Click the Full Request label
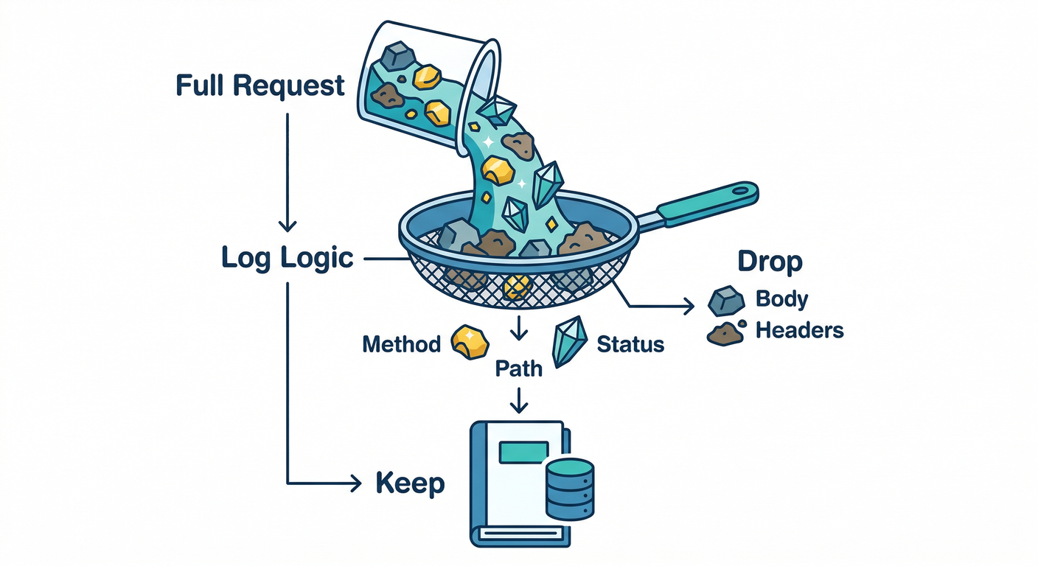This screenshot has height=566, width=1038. pos(260,86)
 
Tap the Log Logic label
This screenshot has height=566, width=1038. pos(288,259)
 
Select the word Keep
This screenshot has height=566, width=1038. pos(410,483)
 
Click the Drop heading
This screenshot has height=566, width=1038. pos(770,262)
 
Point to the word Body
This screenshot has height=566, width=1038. pos(781,299)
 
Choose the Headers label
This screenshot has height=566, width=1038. pos(799,330)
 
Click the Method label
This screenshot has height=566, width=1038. pos(401,344)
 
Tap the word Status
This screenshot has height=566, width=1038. pos(630,344)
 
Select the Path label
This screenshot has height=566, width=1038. pos(518,368)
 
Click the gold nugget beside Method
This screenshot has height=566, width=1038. pos(469,341)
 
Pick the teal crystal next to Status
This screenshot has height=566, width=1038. pos(569,341)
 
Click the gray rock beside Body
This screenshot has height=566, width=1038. pos(725,301)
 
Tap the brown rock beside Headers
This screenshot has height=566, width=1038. pos(725,334)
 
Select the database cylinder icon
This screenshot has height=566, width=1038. pos(570,488)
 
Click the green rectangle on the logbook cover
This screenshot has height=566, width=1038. pos(523,452)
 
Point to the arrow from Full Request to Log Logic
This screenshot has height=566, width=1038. pos(287,170)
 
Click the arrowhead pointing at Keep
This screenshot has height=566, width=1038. pos(356,484)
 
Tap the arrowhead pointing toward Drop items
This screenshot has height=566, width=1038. pos(689,305)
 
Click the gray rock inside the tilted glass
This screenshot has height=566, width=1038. pos(399,55)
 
